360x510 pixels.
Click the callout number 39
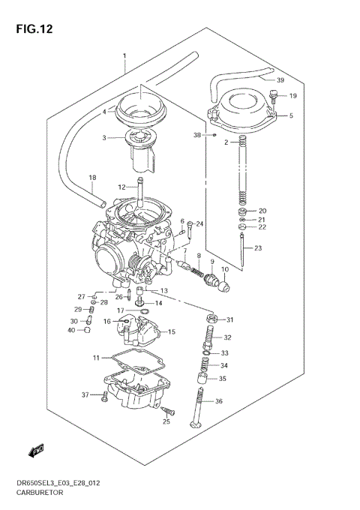click(280, 80)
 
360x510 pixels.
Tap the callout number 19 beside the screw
click(292, 96)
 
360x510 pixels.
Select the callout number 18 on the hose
click(92, 178)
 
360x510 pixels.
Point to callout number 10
click(223, 269)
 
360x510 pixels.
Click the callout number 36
click(219, 401)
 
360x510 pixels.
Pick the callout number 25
click(166, 421)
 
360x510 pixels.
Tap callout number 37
click(85, 394)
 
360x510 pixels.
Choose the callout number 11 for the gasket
click(95, 357)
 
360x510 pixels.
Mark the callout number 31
click(230, 320)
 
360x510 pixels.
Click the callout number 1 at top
click(124, 57)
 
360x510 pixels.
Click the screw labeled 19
click(274, 96)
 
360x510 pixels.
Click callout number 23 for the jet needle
click(258, 248)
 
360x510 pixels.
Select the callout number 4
click(105, 112)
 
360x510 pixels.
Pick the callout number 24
click(199, 223)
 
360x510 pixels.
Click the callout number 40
click(70, 330)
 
